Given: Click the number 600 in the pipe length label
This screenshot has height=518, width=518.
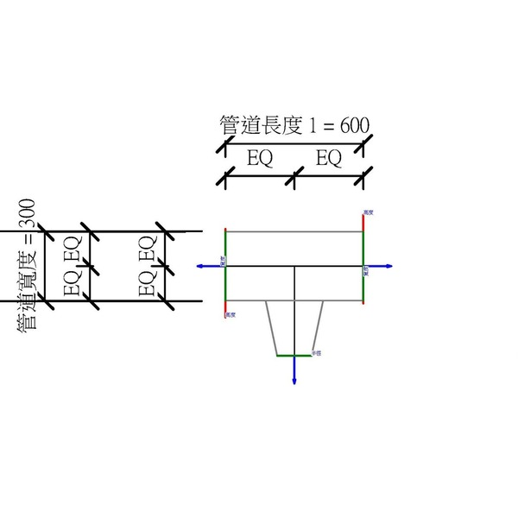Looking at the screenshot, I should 355,125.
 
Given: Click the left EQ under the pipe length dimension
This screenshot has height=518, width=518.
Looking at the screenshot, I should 260,159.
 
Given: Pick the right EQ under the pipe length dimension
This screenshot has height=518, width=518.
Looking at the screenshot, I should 329,159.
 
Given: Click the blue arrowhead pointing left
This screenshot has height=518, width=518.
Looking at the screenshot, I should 200,267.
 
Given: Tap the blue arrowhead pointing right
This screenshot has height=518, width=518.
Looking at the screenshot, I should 390,267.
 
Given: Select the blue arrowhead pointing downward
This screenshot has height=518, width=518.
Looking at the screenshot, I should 294,381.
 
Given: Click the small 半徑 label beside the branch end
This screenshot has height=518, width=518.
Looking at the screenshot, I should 317,353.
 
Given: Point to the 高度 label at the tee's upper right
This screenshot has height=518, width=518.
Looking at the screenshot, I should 369,212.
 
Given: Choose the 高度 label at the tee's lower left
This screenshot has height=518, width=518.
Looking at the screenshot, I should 231,315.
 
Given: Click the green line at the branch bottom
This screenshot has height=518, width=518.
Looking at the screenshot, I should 294,356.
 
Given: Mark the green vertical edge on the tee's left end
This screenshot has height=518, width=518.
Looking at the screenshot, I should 224,267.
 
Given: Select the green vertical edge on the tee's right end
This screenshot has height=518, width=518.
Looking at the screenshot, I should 363,267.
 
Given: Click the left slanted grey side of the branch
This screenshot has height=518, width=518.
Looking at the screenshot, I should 271,328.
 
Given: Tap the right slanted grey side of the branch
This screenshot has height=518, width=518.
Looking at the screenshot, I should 318,328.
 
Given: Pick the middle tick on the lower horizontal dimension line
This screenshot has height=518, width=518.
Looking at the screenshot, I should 294,179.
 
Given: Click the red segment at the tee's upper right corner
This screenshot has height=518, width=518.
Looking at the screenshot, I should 363,221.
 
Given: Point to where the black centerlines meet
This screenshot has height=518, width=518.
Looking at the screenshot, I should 294,267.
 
